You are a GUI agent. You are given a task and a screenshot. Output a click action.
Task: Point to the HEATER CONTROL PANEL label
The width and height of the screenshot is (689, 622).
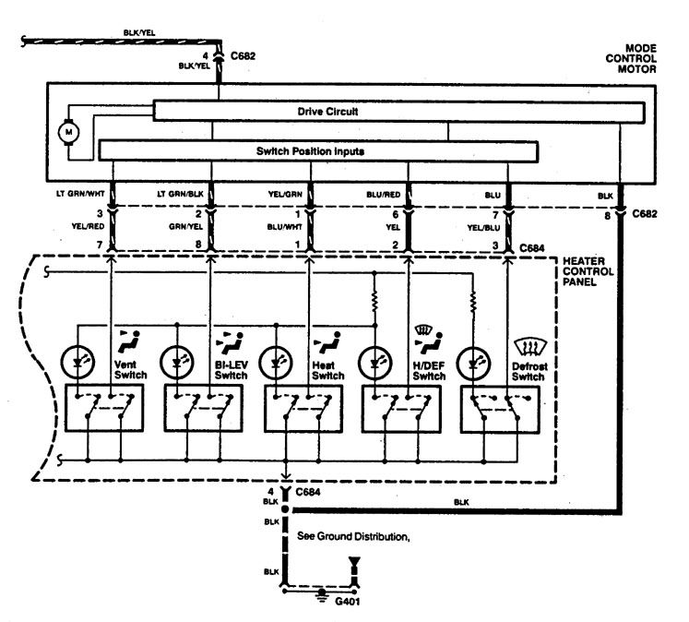pyautogui.click(x=591, y=273)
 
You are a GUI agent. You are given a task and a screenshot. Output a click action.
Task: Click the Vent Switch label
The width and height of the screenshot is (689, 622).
pyautogui.click(x=124, y=370)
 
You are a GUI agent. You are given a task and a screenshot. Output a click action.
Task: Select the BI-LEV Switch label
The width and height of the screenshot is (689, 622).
pyautogui.click(x=232, y=370)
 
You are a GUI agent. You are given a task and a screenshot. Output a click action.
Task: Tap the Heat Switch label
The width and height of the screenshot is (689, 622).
pyautogui.click(x=327, y=370)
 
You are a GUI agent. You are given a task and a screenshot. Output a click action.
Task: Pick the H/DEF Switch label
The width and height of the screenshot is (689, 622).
pyautogui.click(x=429, y=370)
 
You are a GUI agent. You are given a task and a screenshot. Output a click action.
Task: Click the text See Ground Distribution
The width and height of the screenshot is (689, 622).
pyautogui.click(x=352, y=535)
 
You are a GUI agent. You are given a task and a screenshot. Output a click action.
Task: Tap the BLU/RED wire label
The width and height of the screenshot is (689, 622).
pyautogui.click(x=382, y=196)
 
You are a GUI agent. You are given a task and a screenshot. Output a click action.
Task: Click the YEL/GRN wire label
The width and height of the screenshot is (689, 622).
pyautogui.click(x=285, y=196)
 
